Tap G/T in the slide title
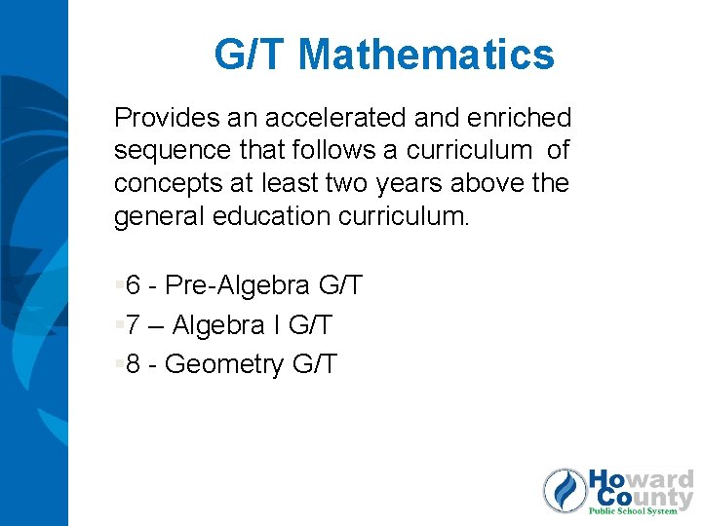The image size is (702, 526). pos(253,55)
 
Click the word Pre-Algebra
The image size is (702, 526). pos(239,286)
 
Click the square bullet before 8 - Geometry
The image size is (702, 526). pos(118,363)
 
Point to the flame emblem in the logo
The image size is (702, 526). pos(565,490)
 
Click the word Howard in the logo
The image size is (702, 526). pos(640,480)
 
